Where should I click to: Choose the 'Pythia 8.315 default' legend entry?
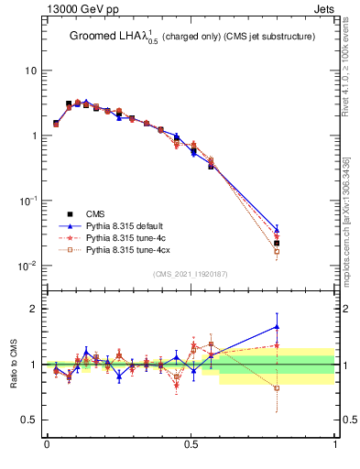(128, 224)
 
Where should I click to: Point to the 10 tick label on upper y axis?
(32, 71)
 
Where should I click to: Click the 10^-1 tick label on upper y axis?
(30, 201)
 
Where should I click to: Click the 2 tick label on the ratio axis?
(36, 309)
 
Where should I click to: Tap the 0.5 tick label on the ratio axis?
(32, 420)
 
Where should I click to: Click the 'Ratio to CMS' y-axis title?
(14, 364)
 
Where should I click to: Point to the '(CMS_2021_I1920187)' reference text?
(191, 274)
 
